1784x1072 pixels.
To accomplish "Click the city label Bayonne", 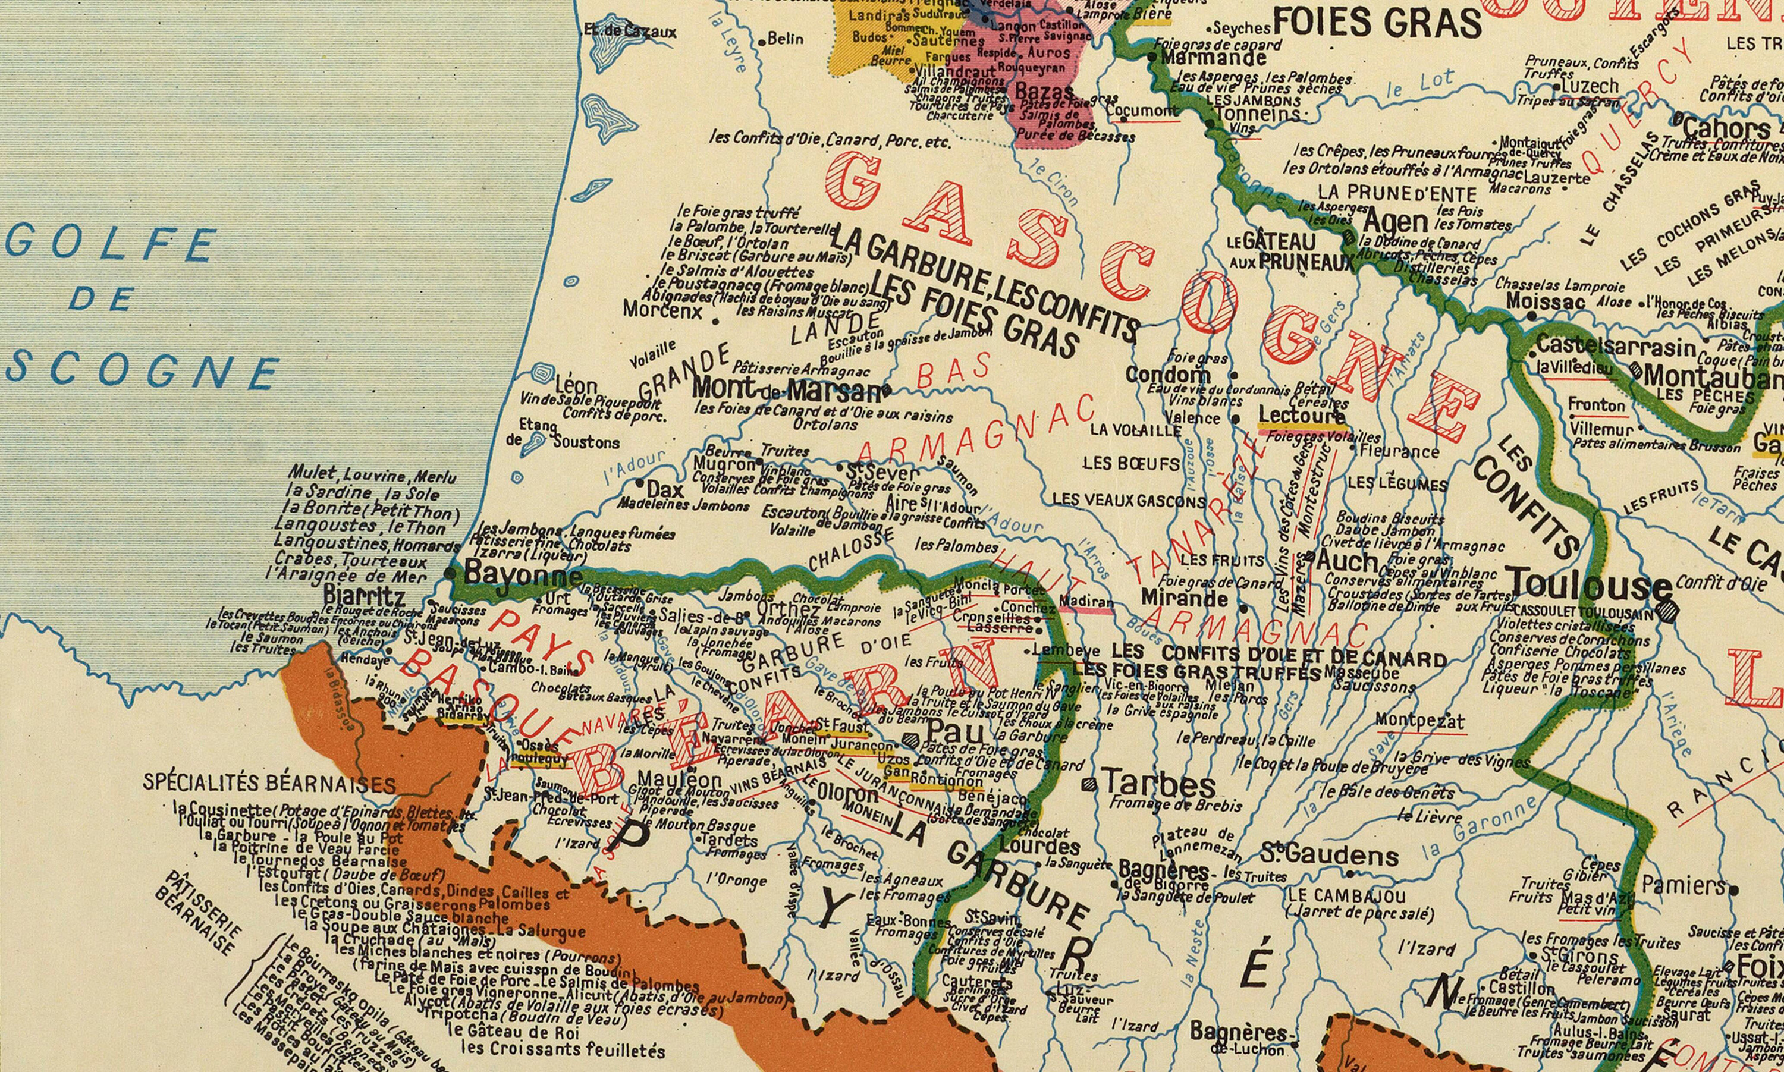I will click(522, 576).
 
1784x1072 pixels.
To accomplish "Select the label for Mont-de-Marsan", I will click(787, 390).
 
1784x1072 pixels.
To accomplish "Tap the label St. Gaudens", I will click(1329, 856).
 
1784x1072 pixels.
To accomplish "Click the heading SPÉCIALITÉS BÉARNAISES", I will click(269, 783).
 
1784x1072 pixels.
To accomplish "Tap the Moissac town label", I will click(1546, 301).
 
